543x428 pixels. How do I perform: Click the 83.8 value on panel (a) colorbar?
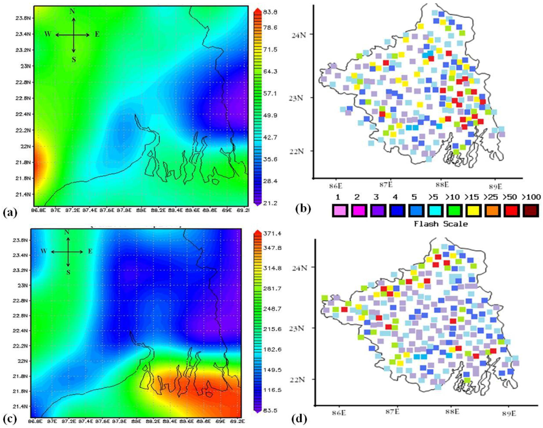[272, 12]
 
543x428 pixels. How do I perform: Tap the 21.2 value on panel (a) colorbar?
[272, 203]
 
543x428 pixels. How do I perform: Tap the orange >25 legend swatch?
[491, 211]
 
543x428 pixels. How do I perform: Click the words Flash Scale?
[441, 224]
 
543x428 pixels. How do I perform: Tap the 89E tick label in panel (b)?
[495, 187]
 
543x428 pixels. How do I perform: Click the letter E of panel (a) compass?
[97, 35]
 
